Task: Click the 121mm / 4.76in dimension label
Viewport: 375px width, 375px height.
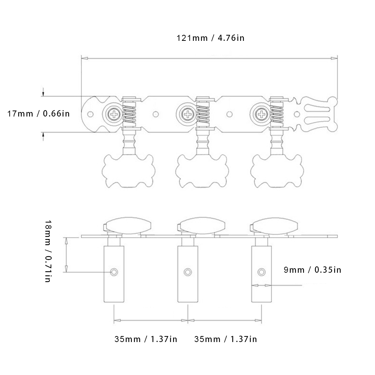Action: click(x=211, y=38)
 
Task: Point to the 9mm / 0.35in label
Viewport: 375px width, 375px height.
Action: click(x=312, y=270)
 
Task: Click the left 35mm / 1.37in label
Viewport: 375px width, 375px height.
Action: click(x=146, y=339)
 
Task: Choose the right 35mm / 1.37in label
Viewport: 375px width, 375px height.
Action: click(x=226, y=339)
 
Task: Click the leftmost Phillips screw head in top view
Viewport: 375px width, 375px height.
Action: click(x=113, y=114)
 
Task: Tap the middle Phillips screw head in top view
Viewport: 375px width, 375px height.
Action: click(x=187, y=114)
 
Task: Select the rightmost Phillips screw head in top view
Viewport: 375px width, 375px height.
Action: click(x=261, y=114)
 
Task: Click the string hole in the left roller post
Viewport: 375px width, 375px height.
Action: click(x=114, y=271)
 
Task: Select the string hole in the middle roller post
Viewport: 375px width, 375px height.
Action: click(x=187, y=271)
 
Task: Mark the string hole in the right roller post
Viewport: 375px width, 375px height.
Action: click(x=261, y=271)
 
